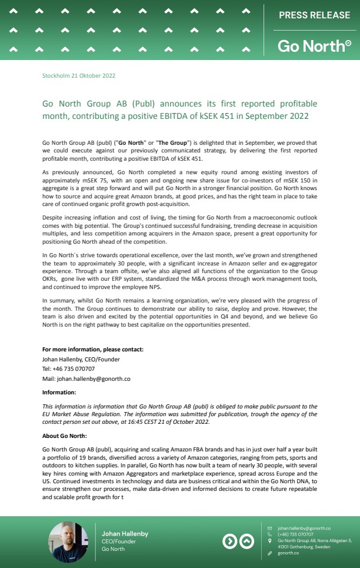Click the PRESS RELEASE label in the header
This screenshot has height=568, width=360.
[x=314, y=15]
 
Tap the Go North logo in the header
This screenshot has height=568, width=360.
[x=314, y=45]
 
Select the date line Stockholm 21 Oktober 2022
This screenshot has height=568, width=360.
[x=79, y=76]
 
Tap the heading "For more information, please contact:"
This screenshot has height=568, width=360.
[x=93, y=349]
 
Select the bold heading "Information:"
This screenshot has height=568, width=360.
[x=59, y=391]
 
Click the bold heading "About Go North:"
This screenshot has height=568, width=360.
[x=64, y=436]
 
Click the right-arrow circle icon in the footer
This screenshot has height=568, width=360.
[x=230, y=542]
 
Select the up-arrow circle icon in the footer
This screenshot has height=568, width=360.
[x=246, y=542]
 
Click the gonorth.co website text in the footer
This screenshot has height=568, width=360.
[x=288, y=553]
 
